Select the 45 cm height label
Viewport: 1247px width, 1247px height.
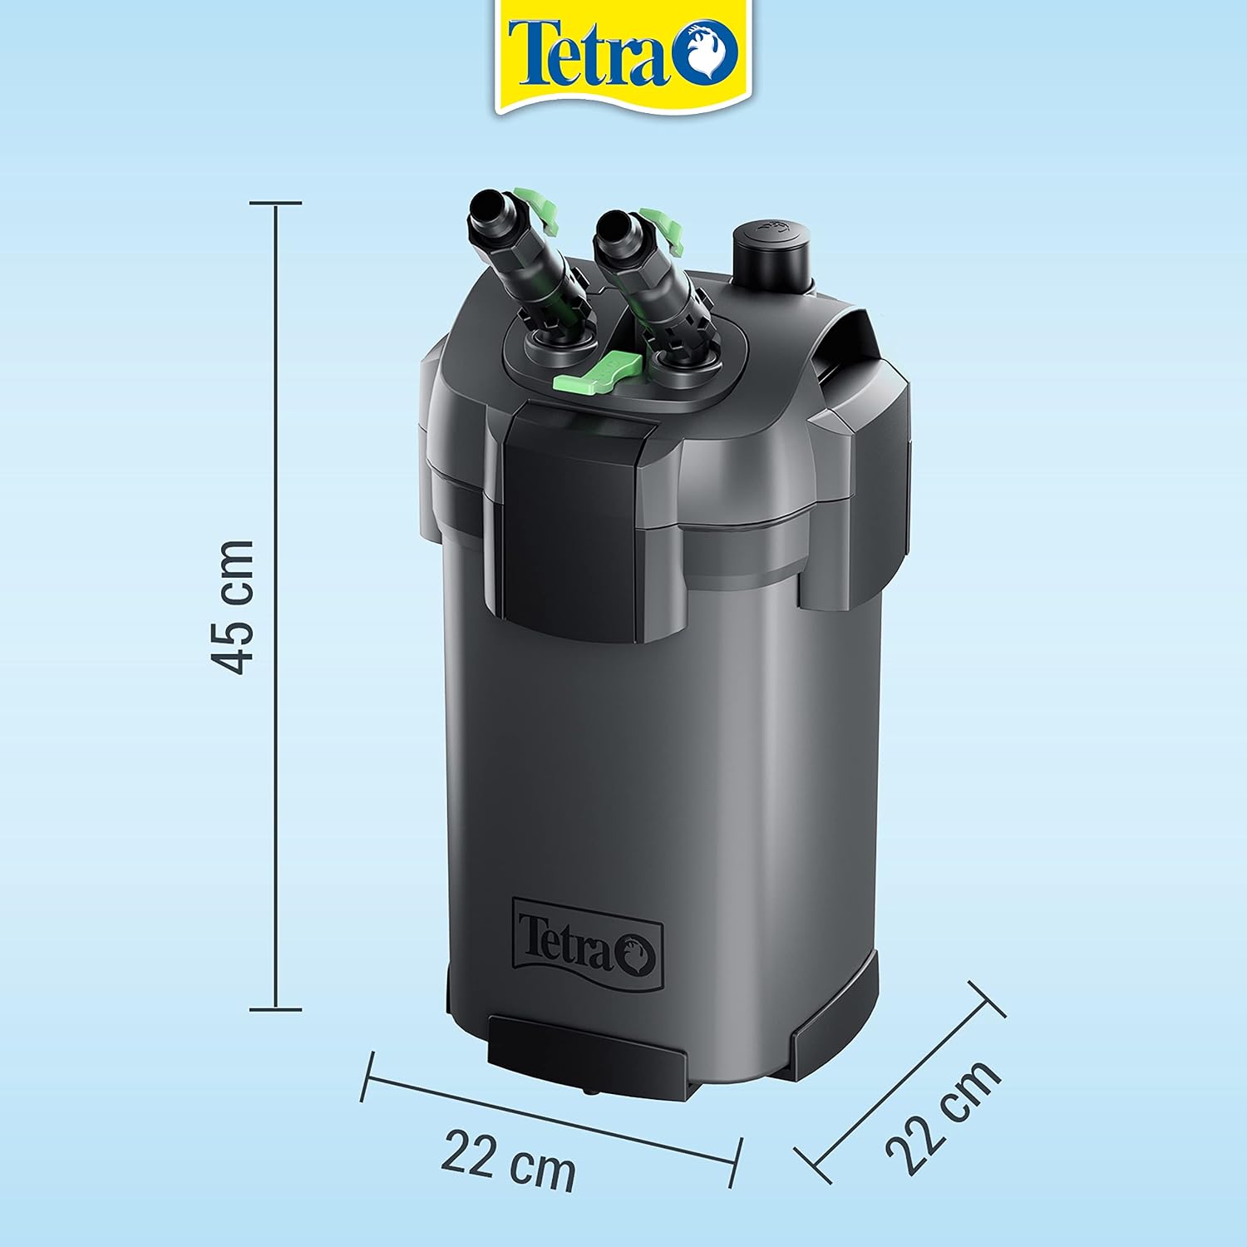point(232,606)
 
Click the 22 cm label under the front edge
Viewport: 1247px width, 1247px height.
point(508,1161)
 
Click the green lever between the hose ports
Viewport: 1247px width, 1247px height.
point(600,372)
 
